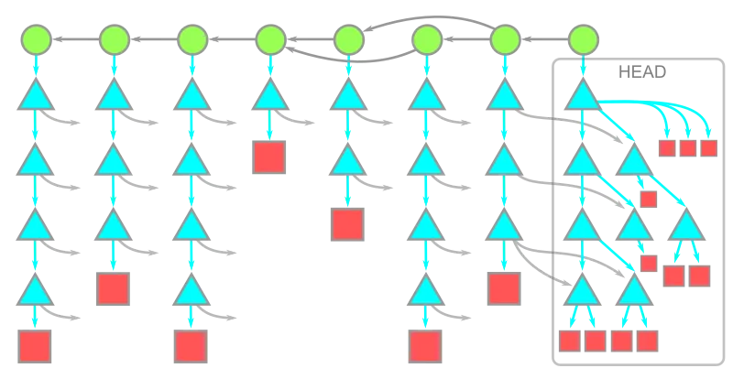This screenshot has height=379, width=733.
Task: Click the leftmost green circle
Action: pos(35,39)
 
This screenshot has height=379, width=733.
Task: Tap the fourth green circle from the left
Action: pos(269,39)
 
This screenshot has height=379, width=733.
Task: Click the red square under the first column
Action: pos(35,347)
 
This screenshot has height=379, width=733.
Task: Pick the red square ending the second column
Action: pos(113,288)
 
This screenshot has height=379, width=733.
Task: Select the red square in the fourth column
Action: pos(269,157)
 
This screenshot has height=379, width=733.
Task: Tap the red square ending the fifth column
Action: pos(347,223)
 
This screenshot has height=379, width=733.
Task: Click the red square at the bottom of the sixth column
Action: pos(425,347)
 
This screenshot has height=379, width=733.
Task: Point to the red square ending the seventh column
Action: pos(503,288)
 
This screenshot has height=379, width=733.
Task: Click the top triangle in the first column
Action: pos(35,97)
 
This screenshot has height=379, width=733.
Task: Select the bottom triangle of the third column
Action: pos(191,292)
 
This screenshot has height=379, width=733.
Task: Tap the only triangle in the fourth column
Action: pos(269,97)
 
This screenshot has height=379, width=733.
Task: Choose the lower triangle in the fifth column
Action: pos(347,162)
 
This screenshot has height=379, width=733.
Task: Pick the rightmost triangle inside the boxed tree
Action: pos(686,227)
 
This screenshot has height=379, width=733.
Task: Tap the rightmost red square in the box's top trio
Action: pos(708,148)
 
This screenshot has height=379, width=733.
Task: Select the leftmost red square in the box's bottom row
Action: pos(570,341)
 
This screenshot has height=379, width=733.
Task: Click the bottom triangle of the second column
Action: pos(113,227)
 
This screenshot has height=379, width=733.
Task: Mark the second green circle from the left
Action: pos(113,39)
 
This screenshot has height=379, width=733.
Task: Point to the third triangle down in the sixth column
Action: pos(425,227)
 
